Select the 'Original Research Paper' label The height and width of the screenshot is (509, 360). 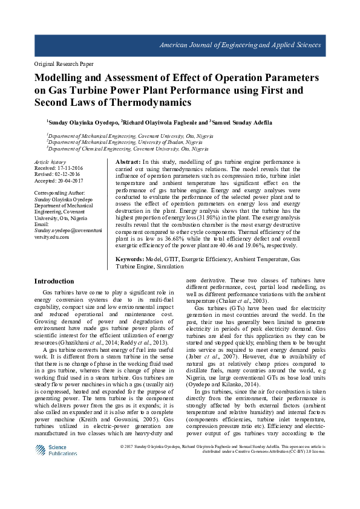tap(63, 63)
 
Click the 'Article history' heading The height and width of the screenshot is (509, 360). tap(50, 162)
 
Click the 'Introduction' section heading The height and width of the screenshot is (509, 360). tap(54, 282)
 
